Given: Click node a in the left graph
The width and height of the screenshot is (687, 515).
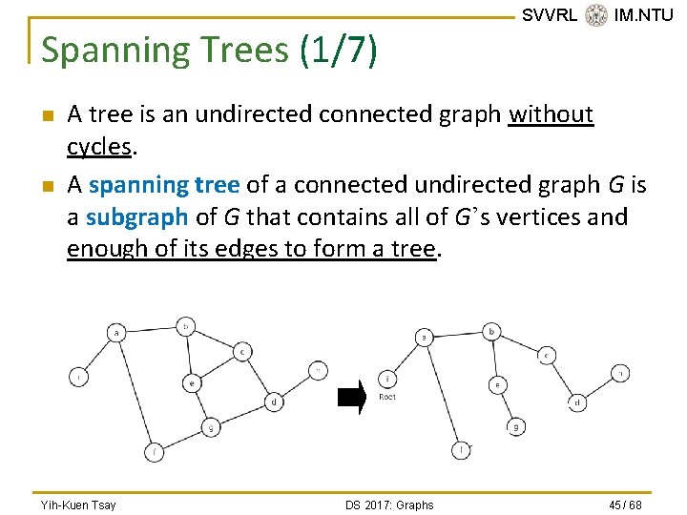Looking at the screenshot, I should (116, 333).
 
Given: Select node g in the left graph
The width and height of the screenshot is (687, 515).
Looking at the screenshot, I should (210, 427).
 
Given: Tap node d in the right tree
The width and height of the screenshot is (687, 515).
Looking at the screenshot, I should (578, 402).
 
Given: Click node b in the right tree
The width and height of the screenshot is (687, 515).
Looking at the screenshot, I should (491, 332).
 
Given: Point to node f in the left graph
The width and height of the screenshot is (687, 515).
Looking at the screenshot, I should (154, 452).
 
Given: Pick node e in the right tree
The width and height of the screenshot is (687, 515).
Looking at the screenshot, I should (498, 384).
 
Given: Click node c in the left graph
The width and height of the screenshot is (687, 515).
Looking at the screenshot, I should (242, 351).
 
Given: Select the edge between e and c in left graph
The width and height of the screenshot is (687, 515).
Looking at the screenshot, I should (218, 366).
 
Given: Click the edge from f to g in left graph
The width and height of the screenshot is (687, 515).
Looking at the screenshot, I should (181, 440).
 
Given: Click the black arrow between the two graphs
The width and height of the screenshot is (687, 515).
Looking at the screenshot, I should (352, 399).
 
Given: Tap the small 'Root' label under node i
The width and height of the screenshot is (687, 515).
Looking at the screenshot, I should (387, 397).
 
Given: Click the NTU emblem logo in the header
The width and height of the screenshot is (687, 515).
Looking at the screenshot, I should (596, 15).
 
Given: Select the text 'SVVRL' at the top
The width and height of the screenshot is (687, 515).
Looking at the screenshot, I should (549, 15).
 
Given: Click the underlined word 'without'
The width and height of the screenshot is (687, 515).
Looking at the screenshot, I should (552, 114).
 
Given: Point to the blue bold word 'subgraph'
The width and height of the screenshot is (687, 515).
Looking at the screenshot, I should (137, 216).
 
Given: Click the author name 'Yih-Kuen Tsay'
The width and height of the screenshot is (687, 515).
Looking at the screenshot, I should (78, 505).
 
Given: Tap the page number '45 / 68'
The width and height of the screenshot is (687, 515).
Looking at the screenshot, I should (624, 505).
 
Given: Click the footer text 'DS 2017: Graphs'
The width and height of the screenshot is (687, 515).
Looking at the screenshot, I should (389, 505).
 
